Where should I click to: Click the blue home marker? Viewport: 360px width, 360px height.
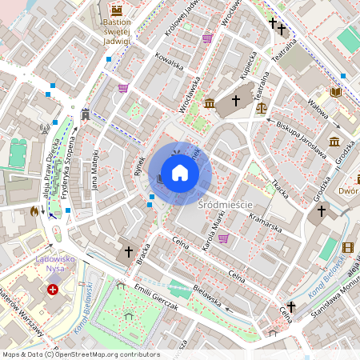(x=180, y=173)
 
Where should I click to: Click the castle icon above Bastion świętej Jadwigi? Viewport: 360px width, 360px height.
(x=118, y=10)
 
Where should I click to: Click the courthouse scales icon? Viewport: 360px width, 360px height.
(x=262, y=106)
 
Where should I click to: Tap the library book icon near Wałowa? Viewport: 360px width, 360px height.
(x=336, y=93)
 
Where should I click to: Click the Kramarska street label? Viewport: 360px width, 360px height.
(x=265, y=223)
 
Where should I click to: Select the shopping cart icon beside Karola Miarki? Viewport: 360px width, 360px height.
(x=223, y=238)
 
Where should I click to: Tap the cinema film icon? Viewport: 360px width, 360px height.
(x=347, y=247)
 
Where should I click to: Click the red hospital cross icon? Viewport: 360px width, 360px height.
(x=53, y=290)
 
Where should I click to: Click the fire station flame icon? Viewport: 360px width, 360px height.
(x=33, y=212)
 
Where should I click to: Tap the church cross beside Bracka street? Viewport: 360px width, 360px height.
(x=127, y=252)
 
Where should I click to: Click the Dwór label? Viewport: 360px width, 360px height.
(x=347, y=191)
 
